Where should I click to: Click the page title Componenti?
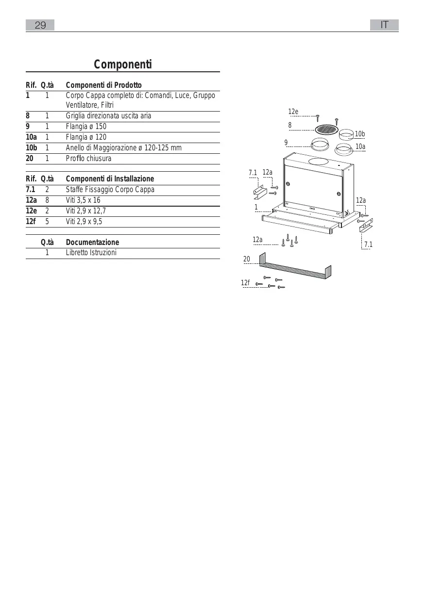coord(122,65)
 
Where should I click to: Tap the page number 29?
coord(40,25)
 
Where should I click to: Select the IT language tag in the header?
coord(384,25)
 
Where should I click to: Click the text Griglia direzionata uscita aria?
coord(108,116)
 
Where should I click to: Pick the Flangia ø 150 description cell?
coord(86,127)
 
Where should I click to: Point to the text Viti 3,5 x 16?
coord(83,200)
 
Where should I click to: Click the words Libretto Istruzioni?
coord(91,253)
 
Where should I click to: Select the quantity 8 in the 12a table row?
coord(47,200)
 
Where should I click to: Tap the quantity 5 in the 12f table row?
coord(47,222)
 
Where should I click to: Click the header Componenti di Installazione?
coord(110,179)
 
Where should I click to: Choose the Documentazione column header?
coord(92,242)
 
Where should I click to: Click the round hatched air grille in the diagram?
coord(325,130)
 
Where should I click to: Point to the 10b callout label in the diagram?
coord(360,134)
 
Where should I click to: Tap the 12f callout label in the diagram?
coord(245,283)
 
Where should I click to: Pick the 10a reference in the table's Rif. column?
coord(31,137)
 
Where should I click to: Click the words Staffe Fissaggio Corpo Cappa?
coord(110,190)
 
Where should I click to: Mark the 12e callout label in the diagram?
coord(293,112)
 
